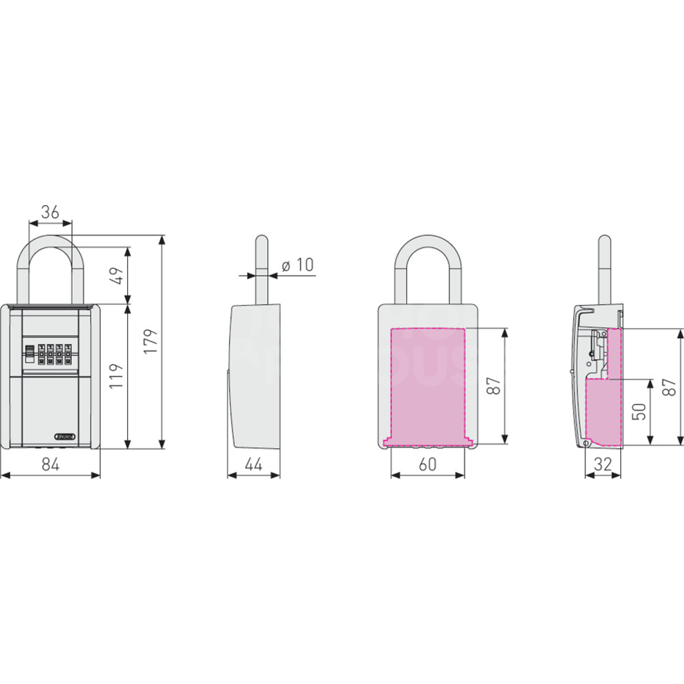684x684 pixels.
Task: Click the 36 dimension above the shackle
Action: pos(50,212)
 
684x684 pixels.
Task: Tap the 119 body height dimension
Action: pos(116,376)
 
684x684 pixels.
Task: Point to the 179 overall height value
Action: pos(150,341)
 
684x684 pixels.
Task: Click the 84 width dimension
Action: pos(50,465)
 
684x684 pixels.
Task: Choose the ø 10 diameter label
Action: pos(298,264)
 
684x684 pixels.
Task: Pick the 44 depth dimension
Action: pos(254,465)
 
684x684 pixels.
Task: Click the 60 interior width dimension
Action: pos(427,465)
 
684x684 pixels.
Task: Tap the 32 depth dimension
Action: pos(602,465)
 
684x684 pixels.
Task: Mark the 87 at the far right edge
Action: pos(671,386)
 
